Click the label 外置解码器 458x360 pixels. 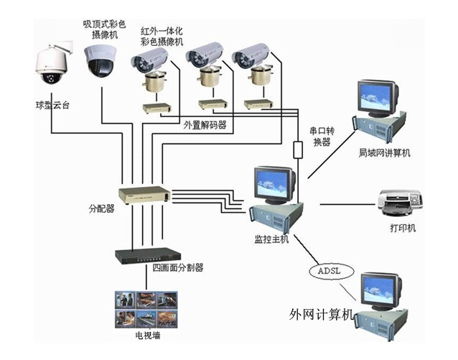[x=205, y=124]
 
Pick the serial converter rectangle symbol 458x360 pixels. [x=298, y=149]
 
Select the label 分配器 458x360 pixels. [x=101, y=211]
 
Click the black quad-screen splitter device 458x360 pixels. [x=148, y=255]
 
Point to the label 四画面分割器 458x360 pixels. [x=178, y=268]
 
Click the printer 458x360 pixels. [x=400, y=203]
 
